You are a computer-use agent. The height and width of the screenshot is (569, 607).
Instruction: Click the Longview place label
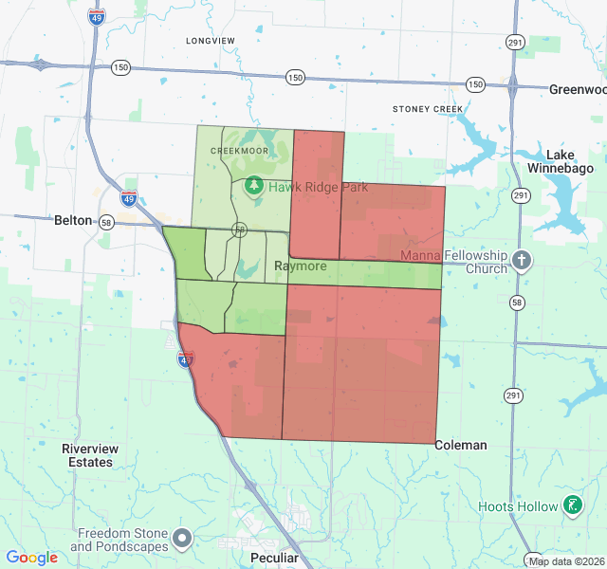(211, 41)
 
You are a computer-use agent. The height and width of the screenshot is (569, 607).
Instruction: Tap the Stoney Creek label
(428, 109)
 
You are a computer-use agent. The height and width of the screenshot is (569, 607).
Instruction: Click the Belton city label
(73, 220)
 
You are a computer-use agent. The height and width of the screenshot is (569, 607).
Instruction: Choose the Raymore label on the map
(301, 266)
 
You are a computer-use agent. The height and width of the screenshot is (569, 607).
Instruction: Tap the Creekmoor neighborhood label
(239, 151)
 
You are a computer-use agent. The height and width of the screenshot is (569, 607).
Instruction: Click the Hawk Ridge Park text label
(318, 187)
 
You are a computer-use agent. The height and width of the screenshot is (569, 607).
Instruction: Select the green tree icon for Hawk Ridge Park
(254, 186)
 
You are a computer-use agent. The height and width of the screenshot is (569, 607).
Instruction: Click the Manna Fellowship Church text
(454, 262)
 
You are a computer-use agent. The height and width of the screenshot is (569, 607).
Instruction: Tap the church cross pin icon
(522, 260)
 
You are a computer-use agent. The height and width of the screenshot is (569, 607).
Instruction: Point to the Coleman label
(461, 445)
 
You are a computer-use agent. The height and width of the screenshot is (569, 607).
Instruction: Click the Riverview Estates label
(87, 455)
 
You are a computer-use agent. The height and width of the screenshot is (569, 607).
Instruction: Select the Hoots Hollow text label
(518, 506)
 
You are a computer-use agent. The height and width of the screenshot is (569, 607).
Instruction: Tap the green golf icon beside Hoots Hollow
(572, 505)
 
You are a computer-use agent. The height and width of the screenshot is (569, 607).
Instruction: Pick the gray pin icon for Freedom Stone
(183, 539)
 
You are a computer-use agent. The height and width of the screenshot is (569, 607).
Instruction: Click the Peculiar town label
(274, 559)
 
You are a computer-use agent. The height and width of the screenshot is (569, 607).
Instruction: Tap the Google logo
(32, 558)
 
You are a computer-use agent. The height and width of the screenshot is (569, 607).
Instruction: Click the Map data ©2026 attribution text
(566, 561)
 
